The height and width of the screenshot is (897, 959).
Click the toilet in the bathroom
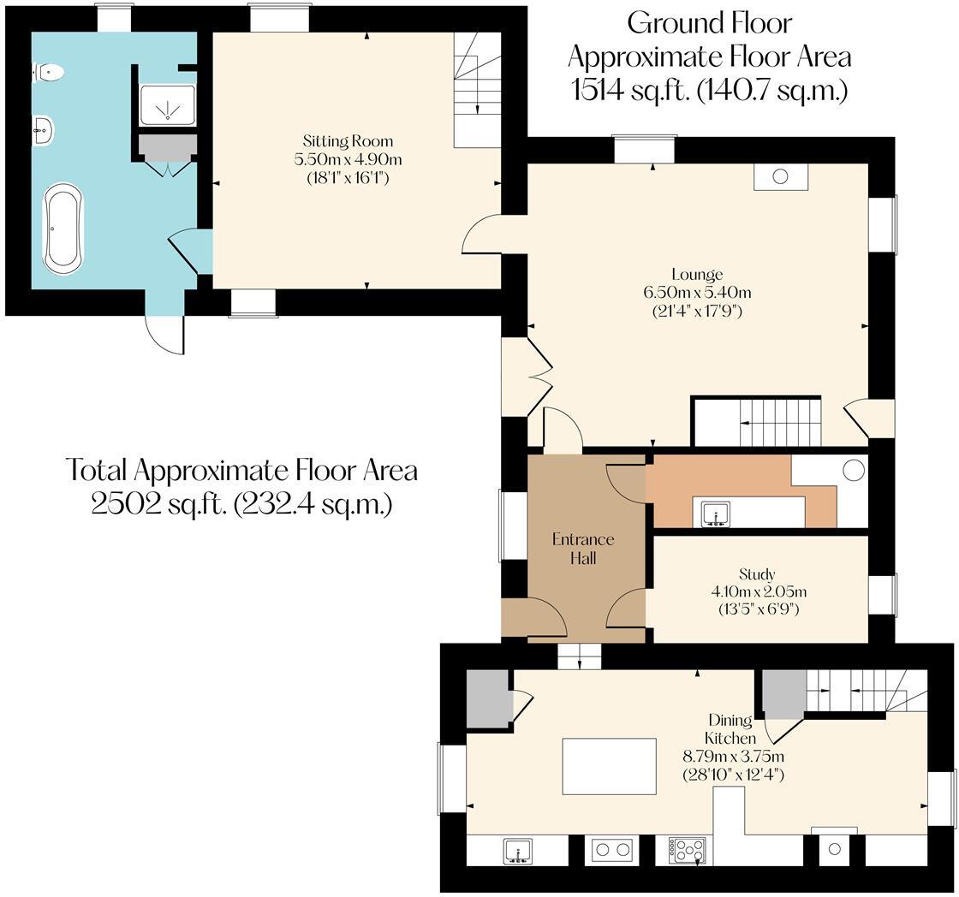pos(49,72)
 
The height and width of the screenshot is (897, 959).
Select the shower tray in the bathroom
pos(167,105)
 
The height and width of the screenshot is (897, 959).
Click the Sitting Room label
pos(348,141)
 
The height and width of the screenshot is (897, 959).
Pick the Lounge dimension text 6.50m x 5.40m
pos(697,292)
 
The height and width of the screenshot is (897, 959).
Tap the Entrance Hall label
pos(583,549)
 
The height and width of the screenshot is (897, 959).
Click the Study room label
pos(757,574)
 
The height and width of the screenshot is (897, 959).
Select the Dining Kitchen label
pos(730,729)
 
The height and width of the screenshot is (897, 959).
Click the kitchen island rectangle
pos(609,765)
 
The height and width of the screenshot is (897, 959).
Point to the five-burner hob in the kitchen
pos(687,851)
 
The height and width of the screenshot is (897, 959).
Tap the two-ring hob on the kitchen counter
pos(611,850)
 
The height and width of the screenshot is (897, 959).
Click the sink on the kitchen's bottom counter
pos(518,851)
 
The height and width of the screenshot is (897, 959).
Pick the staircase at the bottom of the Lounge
pos(756,422)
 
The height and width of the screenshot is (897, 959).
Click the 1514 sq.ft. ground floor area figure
pos(710,90)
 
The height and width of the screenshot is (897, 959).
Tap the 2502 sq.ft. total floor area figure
pos(241,505)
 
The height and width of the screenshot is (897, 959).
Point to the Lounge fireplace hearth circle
pos(780,176)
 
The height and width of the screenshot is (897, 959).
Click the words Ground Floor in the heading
pos(710,23)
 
